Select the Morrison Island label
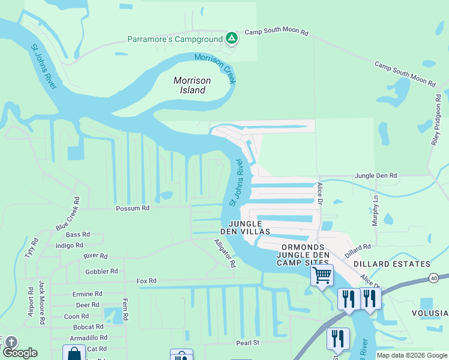coord(190,85)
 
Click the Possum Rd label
coord(133,208)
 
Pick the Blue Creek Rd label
coord(68,214)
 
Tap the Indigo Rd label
coord(69,245)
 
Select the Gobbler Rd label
coord(101,271)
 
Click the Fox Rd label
coord(146,280)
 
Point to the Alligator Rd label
coord(225,253)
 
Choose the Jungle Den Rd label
coord(376,176)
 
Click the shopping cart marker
coord(322,275)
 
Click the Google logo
coord(19,352)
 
